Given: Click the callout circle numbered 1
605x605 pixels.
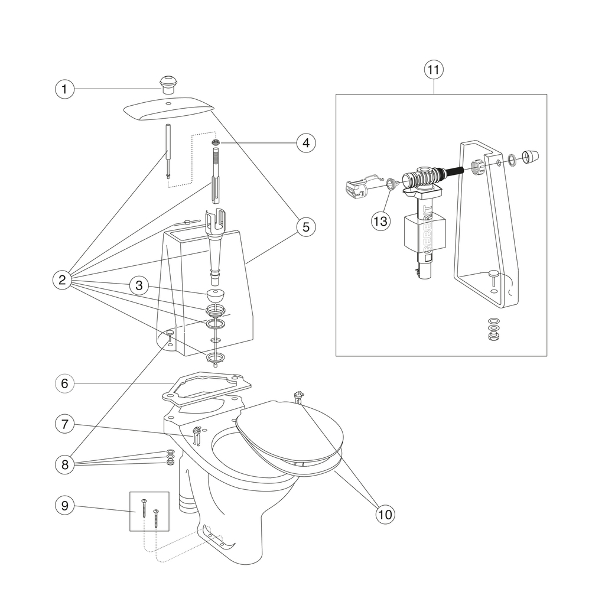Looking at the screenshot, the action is [64, 89].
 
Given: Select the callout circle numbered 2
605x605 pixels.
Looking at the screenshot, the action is [62, 279].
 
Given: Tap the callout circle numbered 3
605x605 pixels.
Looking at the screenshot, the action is [139, 285].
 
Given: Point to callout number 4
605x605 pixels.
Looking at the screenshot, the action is [306, 143].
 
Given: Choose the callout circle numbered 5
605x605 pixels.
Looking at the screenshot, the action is [306, 226].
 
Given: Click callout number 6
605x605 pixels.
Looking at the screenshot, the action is [64, 383].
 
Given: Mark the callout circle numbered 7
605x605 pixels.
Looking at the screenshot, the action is [64, 424].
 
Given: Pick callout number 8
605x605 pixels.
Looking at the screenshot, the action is [64, 464].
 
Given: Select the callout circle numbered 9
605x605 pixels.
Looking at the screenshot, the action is [64, 505].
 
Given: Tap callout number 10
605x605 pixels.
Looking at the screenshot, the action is [385, 515].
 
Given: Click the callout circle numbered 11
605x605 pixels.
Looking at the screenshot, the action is [434, 70].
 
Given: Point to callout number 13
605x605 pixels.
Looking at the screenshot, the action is [380, 221].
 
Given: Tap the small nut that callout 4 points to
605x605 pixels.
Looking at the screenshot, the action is [216, 143].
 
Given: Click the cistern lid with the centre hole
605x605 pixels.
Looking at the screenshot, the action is [169, 109].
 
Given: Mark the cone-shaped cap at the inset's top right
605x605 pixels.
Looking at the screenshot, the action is [530, 156].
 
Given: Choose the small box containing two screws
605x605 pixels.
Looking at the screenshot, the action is [149, 511].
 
